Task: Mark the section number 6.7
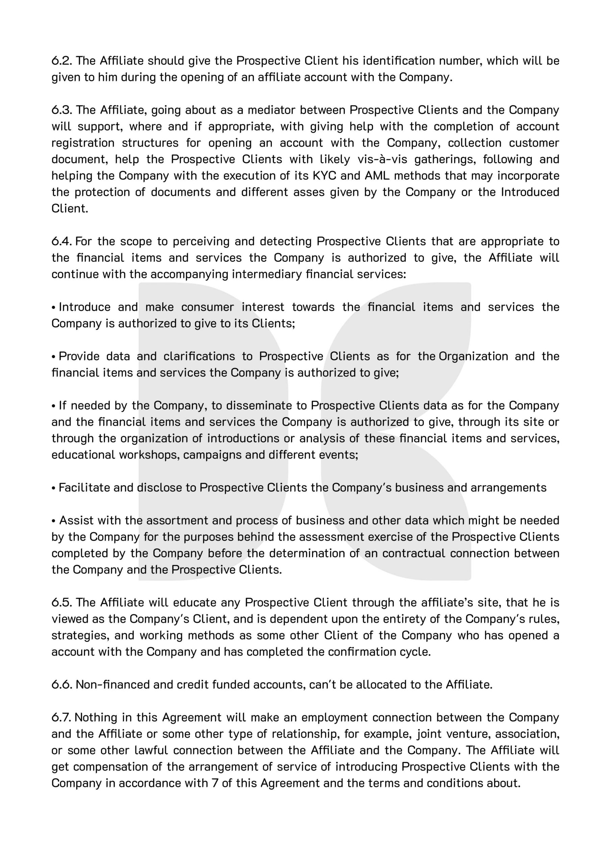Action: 61,717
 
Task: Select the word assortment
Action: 176,520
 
